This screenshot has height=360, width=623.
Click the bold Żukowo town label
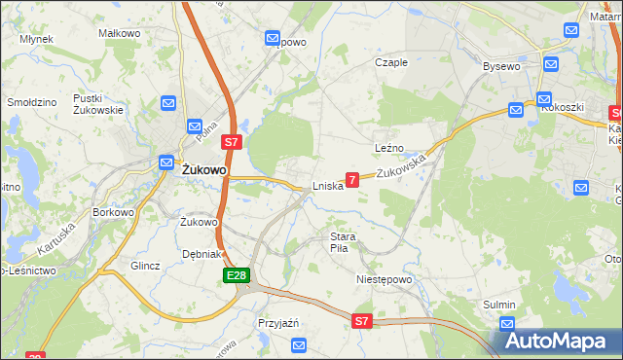click(204, 169)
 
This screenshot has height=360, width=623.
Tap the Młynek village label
click(36, 39)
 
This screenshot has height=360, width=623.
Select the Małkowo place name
click(120, 33)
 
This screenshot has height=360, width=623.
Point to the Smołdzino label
click(32, 101)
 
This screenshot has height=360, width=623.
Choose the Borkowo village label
click(112, 211)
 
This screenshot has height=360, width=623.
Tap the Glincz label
click(144, 265)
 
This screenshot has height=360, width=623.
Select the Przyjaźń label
click(277, 323)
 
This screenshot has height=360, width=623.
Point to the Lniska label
click(327, 186)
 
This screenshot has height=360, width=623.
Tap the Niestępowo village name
click(384, 279)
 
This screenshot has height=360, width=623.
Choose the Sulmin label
click(499, 305)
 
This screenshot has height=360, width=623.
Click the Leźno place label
click(388, 148)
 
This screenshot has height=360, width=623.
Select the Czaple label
click(391, 62)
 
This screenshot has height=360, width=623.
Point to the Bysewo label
click(502, 66)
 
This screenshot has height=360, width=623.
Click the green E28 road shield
click(237, 276)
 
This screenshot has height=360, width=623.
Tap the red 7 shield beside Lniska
click(352, 179)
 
